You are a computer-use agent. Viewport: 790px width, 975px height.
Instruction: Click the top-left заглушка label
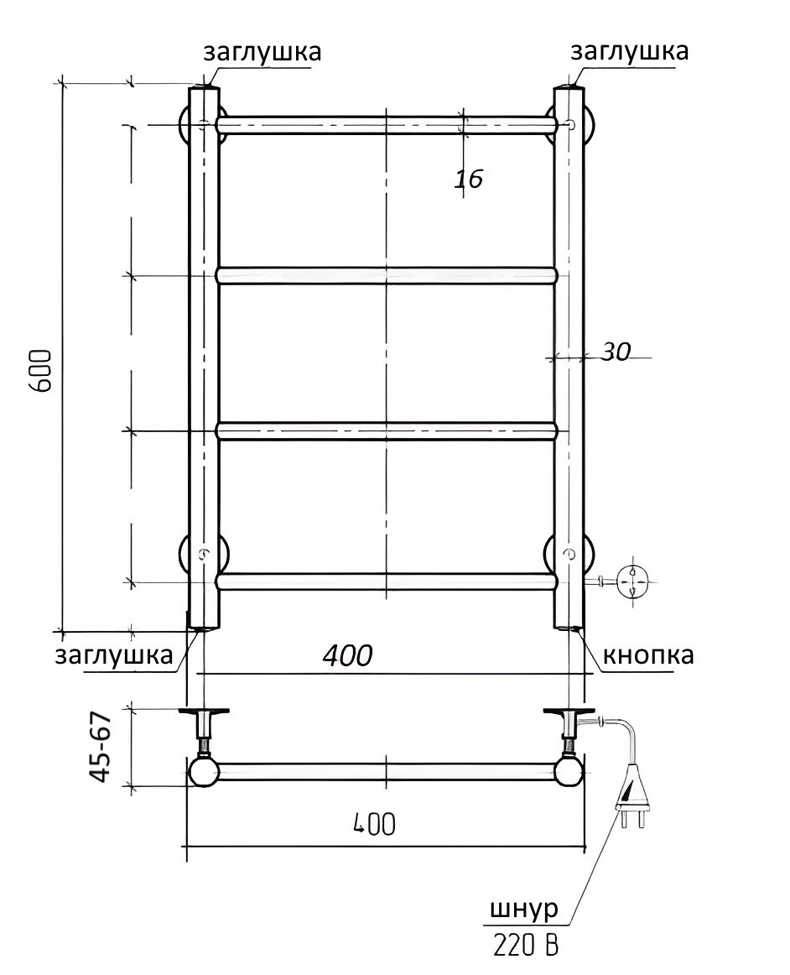click(262, 52)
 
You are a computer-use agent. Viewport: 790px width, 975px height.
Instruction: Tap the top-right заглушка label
click(630, 52)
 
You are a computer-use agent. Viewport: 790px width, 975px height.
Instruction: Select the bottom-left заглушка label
click(114, 656)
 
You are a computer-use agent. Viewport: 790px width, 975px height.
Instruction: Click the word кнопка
click(648, 655)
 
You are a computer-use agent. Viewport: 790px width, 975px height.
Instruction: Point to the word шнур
click(524, 910)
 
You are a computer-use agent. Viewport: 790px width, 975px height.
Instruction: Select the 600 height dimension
click(41, 371)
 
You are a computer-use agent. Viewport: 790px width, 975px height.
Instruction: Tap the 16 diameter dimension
click(468, 179)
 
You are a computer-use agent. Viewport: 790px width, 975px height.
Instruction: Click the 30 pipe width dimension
click(616, 352)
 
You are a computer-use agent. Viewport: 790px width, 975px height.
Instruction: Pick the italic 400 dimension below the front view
click(347, 654)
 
